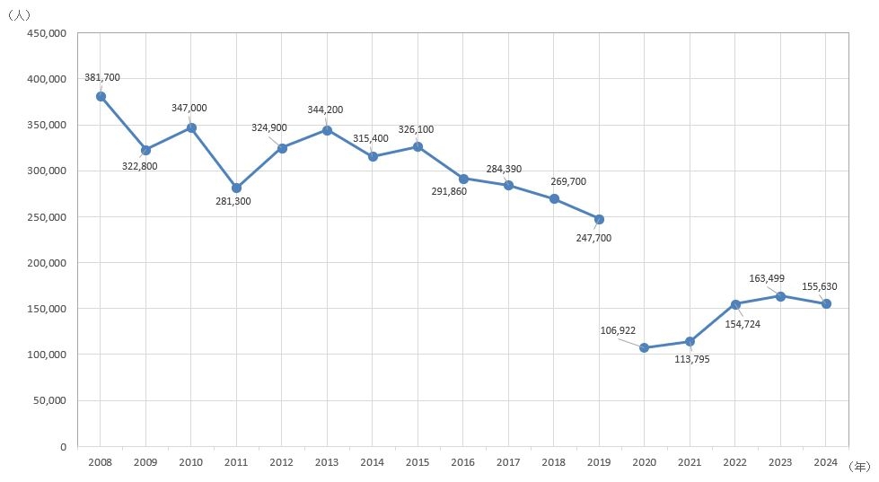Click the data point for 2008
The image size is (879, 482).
click(101, 96)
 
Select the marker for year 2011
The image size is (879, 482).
click(236, 188)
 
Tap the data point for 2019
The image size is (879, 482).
click(599, 219)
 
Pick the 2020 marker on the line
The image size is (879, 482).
click(645, 347)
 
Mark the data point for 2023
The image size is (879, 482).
click(780, 296)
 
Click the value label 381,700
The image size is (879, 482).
click(101, 78)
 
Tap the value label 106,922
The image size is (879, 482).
click(618, 330)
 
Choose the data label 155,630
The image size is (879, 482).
click(819, 287)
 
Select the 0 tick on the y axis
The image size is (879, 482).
click(62, 446)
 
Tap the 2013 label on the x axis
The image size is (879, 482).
click(327, 461)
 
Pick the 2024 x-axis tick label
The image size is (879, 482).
click(826, 461)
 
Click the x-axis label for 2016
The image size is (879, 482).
click(463, 461)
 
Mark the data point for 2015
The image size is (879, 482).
click(418, 146)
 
